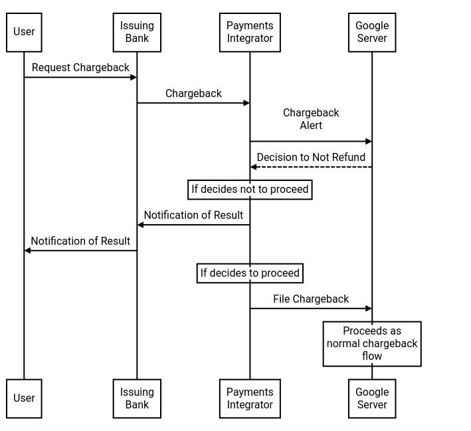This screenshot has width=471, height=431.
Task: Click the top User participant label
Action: coord(24,32)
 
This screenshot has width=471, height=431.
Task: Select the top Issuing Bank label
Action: coord(137,32)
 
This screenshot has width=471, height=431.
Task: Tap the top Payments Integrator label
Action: coord(250,32)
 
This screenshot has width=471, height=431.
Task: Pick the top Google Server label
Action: coord(372,32)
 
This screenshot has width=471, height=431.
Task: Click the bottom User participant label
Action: coord(24,398)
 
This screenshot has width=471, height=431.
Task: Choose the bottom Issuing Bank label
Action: coord(137,398)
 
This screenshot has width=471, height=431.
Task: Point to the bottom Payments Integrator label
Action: coord(250,398)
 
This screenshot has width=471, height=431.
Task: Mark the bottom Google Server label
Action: coord(372,398)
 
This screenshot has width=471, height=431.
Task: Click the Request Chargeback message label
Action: coord(80,68)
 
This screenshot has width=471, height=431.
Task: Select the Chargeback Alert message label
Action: coord(311,119)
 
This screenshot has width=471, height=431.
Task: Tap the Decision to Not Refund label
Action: coord(311,158)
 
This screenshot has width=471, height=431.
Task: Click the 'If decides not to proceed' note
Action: coord(250,190)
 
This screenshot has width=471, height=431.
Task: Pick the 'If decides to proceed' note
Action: coord(250,273)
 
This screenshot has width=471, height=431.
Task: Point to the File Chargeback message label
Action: coord(311,299)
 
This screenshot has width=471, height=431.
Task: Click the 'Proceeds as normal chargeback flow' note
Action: coord(372,343)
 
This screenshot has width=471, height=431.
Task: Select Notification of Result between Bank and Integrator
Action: coord(193,215)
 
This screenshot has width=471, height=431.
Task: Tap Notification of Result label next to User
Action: coord(80,241)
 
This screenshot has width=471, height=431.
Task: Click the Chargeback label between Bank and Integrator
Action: coord(193,94)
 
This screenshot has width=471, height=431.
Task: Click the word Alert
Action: coord(311,126)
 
